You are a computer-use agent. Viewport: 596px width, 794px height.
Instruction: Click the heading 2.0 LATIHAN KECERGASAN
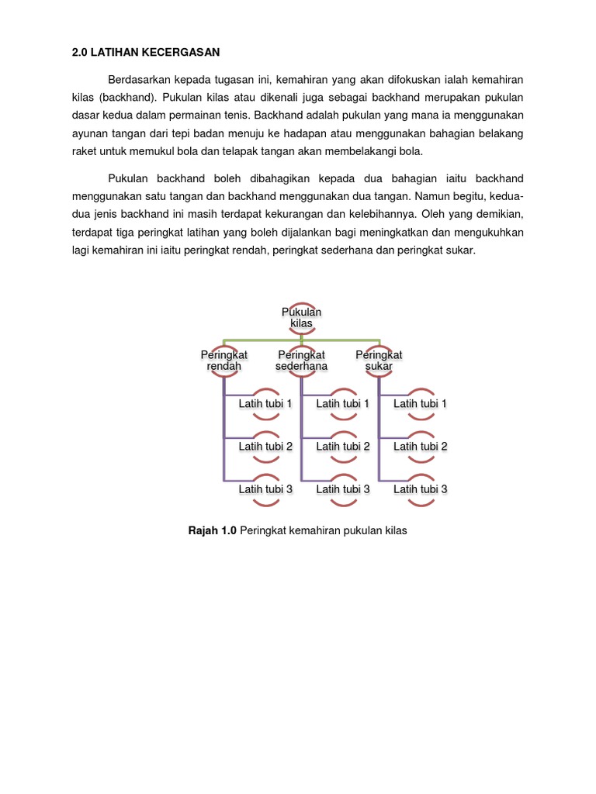tap(145, 52)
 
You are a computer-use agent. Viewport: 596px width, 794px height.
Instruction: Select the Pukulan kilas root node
tap(301, 317)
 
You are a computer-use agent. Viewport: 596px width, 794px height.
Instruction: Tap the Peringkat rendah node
tap(224, 361)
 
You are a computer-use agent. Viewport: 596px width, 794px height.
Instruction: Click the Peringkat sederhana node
tap(301, 361)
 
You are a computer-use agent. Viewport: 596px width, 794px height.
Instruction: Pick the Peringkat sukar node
tap(379, 361)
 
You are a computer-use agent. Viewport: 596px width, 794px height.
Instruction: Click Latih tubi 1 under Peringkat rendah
tap(265, 403)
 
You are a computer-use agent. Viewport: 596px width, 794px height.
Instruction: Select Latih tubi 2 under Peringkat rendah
tap(265, 446)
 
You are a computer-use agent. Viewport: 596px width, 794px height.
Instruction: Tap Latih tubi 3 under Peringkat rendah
tap(265, 488)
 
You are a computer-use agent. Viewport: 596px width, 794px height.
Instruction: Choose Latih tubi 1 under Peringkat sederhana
tap(343, 403)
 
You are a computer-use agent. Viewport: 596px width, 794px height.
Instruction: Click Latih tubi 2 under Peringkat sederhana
tap(343, 446)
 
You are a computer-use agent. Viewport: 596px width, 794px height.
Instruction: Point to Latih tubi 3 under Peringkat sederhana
tap(343, 488)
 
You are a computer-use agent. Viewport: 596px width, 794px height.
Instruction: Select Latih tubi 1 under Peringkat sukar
tap(421, 403)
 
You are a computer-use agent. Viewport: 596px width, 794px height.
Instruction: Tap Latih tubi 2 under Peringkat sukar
tap(421, 446)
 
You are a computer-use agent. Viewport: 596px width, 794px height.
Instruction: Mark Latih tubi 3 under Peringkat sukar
tap(421, 488)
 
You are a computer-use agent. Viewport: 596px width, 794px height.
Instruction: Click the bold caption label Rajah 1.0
tap(212, 531)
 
